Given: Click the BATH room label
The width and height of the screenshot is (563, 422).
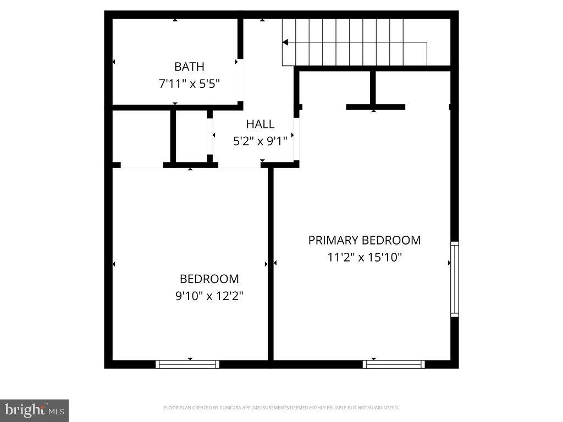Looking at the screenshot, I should pyautogui.click(x=189, y=67).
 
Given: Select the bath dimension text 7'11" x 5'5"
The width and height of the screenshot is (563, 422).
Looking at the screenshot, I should pyautogui.click(x=189, y=85).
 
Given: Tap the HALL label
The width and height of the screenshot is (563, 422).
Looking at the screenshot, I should pyautogui.click(x=260, y=124).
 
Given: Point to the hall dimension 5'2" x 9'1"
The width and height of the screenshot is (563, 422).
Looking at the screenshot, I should pyautogui.click(x=260, y=141).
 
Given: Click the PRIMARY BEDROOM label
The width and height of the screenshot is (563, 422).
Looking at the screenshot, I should pyautogui.click(x=364, y=240).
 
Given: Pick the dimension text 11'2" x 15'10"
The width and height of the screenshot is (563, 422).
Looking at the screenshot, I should pyautogui.click(x=364, y=257).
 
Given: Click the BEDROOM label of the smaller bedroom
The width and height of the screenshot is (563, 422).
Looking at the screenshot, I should pyautogui.click(x=209, y=279).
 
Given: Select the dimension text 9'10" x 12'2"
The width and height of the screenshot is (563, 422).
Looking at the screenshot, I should pyautogui.click(x=209, y=296).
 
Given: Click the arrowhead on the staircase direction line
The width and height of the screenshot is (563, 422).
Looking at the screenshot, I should pyautogui.click(x=285, y=42).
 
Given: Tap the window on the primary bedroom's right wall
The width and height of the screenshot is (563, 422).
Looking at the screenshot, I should pyautogui.click(x=455, y=279).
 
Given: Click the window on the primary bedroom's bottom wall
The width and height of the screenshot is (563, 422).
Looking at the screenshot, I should pyautogui.click(x=394, y=364).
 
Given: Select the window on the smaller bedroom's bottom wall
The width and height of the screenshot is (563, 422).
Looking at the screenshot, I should pyautogui.click(x=187, y=364).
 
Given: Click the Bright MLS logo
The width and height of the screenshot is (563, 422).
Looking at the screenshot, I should pyautogui.click(x=34, y=410).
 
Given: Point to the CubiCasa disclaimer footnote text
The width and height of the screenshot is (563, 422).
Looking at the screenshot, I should pyautogui.click(x=281, y=408).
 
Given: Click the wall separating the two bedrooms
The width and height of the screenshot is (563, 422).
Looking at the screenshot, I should pyautogui.click(x=271, y=264).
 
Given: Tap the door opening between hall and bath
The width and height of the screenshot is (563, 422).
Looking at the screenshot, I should pyautogui.click(x=240, y=80).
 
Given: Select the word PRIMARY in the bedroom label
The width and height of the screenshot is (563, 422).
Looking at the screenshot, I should pyautogui.click(x=332, y=240).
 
